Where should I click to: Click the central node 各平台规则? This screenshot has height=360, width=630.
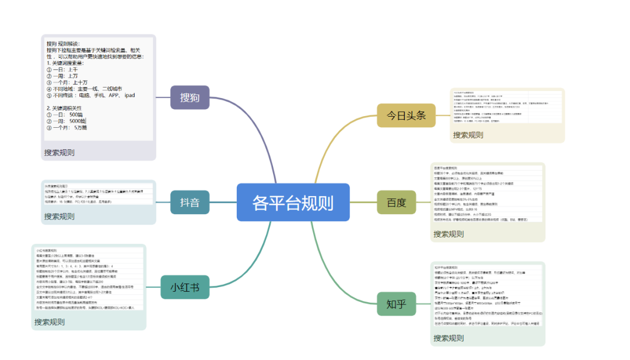293,202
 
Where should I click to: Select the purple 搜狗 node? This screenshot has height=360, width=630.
190,97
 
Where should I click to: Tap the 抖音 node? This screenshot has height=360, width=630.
190,202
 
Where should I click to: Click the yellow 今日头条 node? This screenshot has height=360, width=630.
406,115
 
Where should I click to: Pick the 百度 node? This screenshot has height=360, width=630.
396,202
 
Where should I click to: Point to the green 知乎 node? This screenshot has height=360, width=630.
396,303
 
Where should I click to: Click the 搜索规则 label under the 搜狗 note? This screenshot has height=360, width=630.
59,152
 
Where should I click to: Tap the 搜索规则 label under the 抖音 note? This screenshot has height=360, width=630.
59,216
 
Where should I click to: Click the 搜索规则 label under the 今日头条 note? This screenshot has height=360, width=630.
468,135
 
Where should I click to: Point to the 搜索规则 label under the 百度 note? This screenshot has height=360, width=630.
449,234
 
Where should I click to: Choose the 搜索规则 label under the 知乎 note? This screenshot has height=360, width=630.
449,338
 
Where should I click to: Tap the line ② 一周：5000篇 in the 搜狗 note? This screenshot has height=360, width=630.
68,121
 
